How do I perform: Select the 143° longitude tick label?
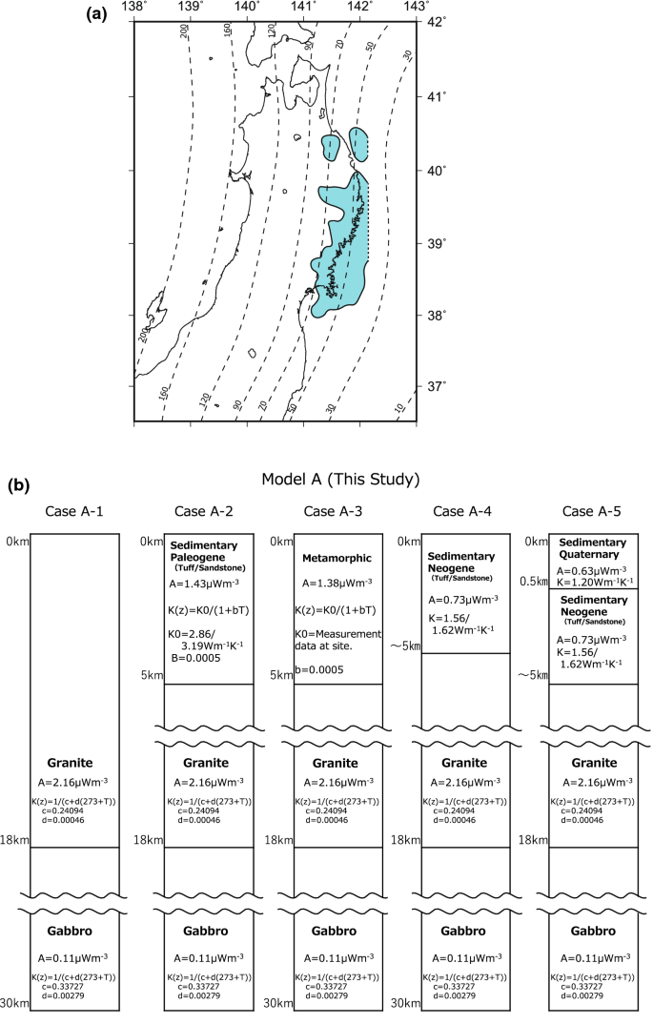pos(416,8)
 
